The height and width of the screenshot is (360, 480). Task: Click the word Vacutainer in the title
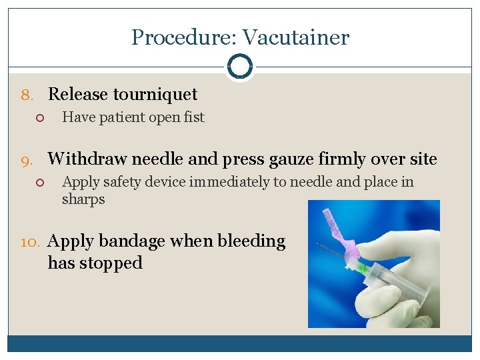295,37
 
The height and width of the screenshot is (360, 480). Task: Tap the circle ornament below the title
239,67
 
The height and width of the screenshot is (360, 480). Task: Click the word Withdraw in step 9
87,159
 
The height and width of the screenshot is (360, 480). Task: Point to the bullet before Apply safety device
39,183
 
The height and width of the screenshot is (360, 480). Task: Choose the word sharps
83,199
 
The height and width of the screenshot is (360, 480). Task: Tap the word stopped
111,263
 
